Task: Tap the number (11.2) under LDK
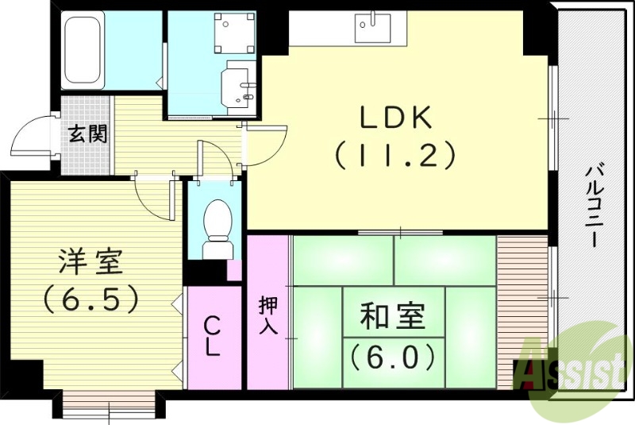[394, 153]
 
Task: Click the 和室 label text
[392, 318]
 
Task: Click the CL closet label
[213, 337]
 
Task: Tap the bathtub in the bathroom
[82, 52]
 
